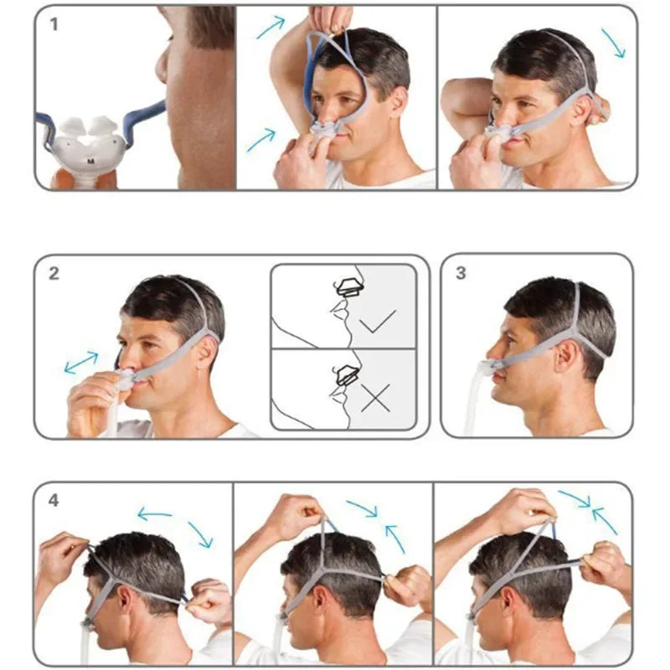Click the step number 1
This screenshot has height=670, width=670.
(x=54, y=24)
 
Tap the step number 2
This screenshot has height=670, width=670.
(x=54, y=274)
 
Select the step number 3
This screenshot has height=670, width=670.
(x=461, y=273)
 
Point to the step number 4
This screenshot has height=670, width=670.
(x=54, y=500)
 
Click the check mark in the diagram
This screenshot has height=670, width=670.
(x=378, y=321)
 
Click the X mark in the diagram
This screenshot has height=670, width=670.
(x=375, y=398)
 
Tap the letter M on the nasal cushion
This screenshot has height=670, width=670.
(x=90, y=161)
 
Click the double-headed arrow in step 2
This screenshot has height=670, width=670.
(x=81, y=363)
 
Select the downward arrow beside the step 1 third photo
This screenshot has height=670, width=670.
(x=614, y=44)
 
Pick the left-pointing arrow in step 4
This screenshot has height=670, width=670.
(x=154, y=514)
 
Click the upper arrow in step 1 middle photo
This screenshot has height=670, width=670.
(x=271, y=27)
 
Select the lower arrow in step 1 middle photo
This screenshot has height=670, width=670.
(x=261, y=140)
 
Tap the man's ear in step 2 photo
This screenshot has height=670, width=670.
(x=207, y=353)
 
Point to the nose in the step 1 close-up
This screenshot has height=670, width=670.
(x=162, y=64)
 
